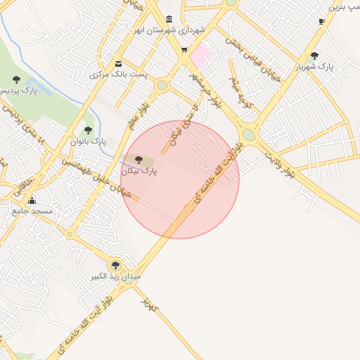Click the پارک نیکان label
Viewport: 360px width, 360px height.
[x=139, y=171]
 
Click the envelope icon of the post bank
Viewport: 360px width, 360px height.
[x=117, y=63]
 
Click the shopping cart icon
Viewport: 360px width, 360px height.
[x=184, y=50]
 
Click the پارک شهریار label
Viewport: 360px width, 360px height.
[x=314, y=66]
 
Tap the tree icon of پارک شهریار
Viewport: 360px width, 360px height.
[x=314, y=55]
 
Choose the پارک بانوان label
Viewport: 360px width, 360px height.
[x=88, y=141]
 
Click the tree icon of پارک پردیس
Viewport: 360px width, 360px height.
[x=16, y=79]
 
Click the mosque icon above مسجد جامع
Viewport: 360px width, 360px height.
[x=32, y=201]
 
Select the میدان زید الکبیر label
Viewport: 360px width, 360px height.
[x=115, y=276]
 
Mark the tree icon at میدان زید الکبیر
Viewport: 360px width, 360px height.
[x=115, y=265]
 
